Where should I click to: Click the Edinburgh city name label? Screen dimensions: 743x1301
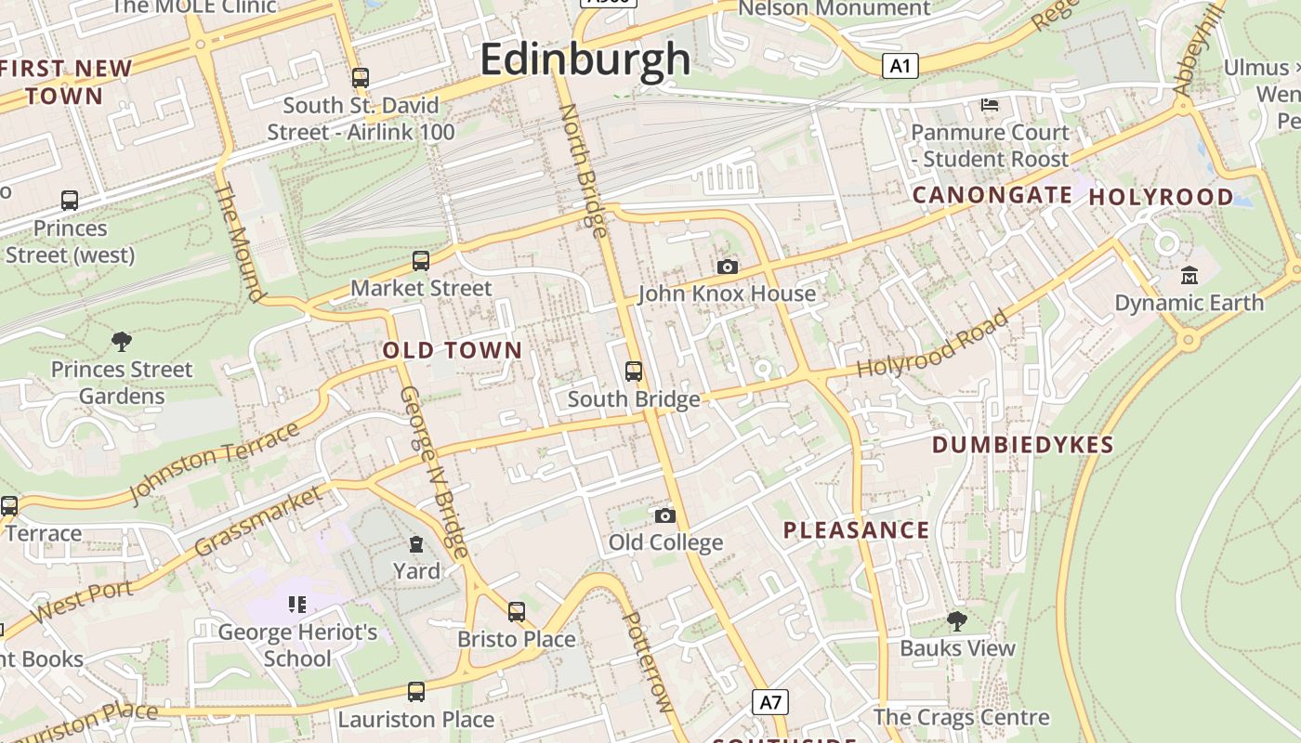tap(585, 59)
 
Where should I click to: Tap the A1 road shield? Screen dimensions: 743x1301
tap(900, 66)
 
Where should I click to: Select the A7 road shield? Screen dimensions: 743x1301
tap(770, 702)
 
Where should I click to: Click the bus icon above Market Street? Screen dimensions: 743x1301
tap(421, 261)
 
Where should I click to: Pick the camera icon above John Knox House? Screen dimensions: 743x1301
tap(728, 267)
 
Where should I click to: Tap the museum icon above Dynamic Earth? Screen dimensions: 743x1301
tap(1189, 275)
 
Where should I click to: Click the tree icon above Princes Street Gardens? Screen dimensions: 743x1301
tap(121, 342)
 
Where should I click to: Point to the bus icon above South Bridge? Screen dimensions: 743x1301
tap(634, 371)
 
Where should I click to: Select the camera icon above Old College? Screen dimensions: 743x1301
tap(665, 515)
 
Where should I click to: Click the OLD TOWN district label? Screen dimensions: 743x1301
tap(453, 350)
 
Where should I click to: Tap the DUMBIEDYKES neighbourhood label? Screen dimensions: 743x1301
tap(1022, 445)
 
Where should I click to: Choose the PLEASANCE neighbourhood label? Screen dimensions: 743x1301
tap(856, 530)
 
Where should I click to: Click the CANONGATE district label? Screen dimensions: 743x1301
tap(992, 195)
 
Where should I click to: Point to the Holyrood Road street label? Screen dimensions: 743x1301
tap(932, 345)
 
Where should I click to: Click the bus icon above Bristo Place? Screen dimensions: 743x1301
tap(517, 612)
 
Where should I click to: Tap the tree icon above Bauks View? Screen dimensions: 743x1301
tap(957, 621)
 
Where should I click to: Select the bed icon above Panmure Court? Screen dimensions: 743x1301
tap(990, 104)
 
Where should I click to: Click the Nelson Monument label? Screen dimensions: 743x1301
tap(834, 8)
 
